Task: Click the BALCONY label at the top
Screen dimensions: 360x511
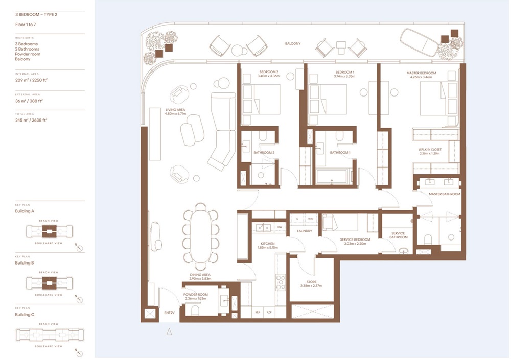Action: coord(293,44)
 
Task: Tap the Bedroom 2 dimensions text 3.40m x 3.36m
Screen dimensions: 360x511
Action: coord(268,77)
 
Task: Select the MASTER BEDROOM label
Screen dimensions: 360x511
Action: coord(421,73)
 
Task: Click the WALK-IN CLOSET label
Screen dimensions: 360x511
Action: coord(430,150)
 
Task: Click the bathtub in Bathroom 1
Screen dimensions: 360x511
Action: coord(331,177)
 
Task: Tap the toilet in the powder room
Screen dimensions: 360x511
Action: coord(195,309)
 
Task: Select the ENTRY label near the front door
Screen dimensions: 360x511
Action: coord(169,313)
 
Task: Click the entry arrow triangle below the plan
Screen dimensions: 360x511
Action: coord(169,332)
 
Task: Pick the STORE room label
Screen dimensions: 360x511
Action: coord(311,282)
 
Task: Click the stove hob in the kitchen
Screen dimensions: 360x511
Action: coord(281,282)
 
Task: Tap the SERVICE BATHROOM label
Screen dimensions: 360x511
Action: coord(399,235)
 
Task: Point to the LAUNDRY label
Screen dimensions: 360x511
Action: coord(305,231)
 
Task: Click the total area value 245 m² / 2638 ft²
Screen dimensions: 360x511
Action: coord(32,120)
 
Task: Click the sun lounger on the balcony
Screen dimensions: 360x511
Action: coord(418,43)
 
